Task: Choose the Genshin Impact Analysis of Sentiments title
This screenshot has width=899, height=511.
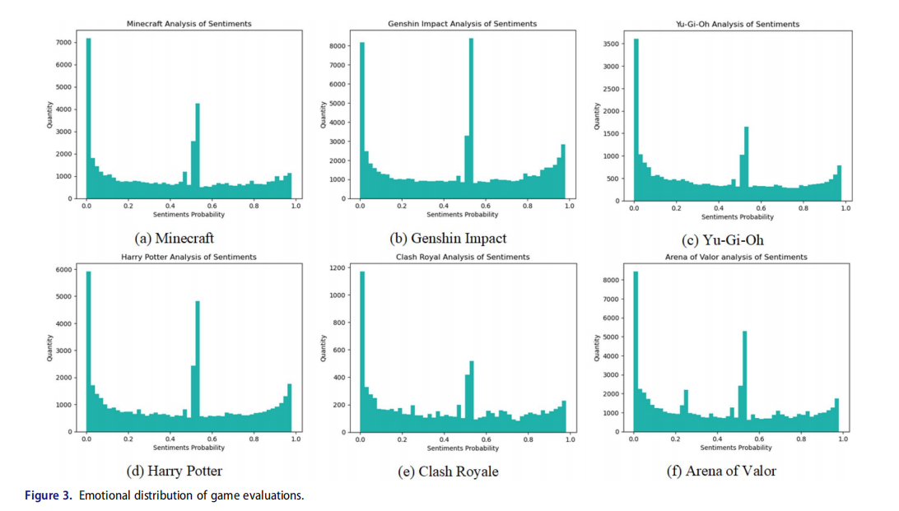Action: (x=462, y=24)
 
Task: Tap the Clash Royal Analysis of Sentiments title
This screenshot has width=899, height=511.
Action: (x=463, y=257)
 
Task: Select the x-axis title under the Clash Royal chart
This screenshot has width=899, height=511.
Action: (x=463, y=448)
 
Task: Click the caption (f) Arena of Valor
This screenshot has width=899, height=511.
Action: (x=721, y=472)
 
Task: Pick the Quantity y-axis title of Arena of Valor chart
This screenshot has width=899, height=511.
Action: (x=595, y=348)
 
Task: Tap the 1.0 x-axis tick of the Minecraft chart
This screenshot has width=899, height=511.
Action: (x=296, y=206)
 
